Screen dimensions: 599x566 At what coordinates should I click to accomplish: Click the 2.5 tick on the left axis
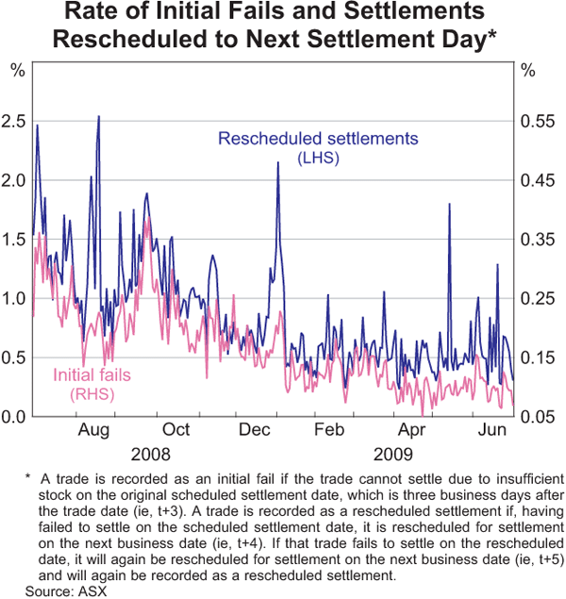click(16, 121)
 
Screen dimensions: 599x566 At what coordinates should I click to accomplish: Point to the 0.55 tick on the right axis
click(536, 121)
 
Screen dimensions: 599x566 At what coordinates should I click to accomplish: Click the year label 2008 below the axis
click(152, 452)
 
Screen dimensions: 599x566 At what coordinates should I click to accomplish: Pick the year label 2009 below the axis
click(393, 452)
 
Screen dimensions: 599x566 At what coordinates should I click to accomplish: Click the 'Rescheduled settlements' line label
click(318, 139)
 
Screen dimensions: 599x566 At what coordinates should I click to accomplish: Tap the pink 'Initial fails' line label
click(92, 375)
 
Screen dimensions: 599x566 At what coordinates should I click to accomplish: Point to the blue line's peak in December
click(277, 162)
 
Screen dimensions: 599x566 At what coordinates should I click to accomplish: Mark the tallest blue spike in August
click(99, 116)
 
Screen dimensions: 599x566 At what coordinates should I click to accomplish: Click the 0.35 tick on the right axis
click(536, 239)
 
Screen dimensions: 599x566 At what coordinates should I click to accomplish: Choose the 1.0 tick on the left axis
click(16, 298)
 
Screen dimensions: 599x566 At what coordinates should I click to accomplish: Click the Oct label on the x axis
click(176, 430)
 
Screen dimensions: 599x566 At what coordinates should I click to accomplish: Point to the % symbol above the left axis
click(17, 70)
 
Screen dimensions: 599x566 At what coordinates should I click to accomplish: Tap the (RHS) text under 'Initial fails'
click(92, 392)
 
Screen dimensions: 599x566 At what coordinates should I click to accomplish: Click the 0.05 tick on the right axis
click(536, 416)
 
